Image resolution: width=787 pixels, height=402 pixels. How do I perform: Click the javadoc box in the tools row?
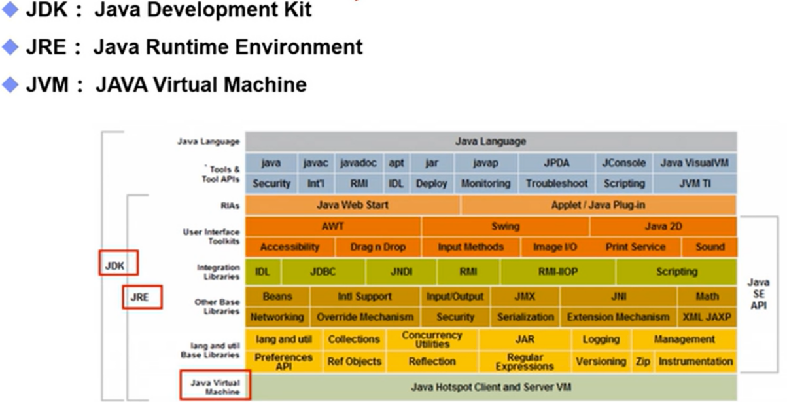pos(359,163)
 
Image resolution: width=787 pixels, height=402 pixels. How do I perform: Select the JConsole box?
pos(623,163)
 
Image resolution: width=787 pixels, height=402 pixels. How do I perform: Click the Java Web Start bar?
pos(353,205)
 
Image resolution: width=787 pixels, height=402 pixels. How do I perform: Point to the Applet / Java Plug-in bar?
pos(598,205)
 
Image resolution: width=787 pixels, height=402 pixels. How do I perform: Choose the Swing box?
pos(505,227)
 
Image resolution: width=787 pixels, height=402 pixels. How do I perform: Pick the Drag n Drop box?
pos(377,247)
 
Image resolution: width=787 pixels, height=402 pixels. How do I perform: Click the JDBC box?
pos(323,272)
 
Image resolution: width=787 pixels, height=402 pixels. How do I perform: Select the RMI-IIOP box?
pos(557,272)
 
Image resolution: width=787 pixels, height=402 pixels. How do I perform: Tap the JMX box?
pos(524,297)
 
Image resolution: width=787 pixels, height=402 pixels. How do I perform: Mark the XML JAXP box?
pos(707,317)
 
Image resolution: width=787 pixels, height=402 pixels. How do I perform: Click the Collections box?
pos(353,339)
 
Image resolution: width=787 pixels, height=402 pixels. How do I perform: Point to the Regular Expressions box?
pos(525,361)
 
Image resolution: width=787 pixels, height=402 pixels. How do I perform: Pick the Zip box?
pos(642,361)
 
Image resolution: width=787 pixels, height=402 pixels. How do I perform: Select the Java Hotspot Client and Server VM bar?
pos(491,387)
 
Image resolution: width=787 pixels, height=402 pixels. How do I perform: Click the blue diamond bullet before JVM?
pos(10,84)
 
